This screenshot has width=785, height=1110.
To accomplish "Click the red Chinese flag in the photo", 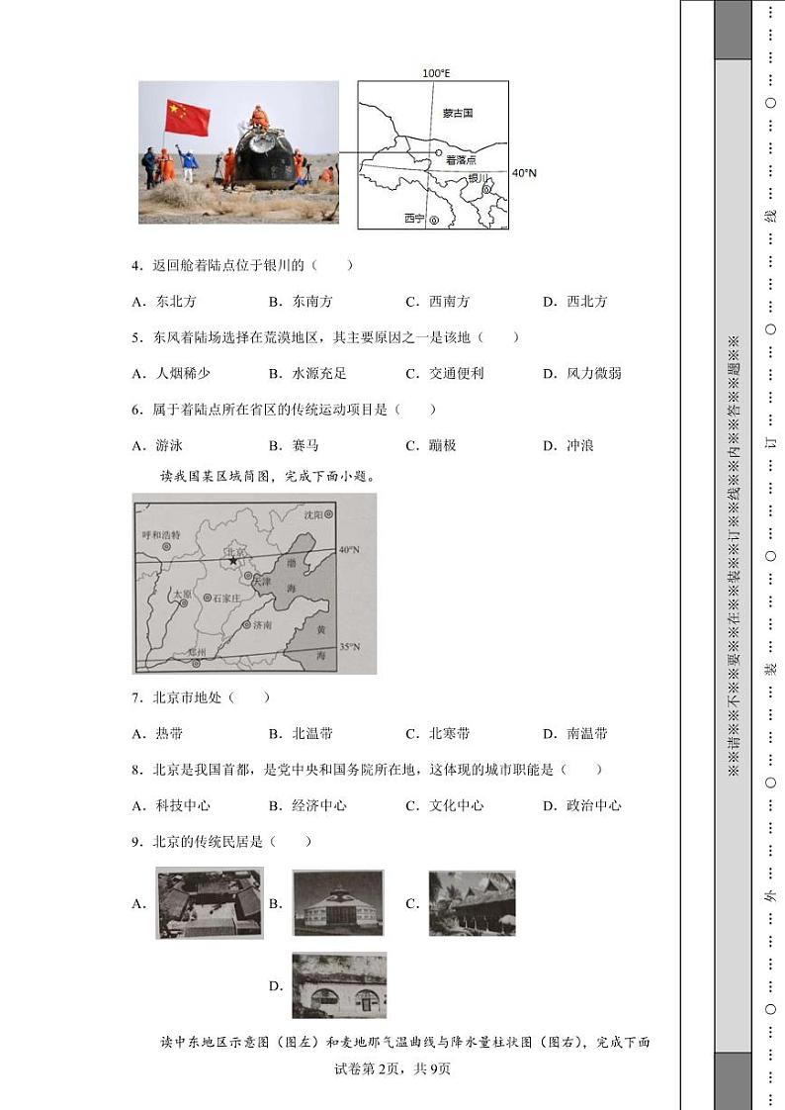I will click(188, 117).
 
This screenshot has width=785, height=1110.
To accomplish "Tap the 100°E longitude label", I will click(436, 73).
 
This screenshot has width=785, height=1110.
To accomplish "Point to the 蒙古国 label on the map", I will click(459, 114).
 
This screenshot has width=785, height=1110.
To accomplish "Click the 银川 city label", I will click(479, 178).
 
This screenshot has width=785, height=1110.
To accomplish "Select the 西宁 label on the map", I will click(413, 219).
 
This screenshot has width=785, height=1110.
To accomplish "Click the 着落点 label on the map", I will click(461, 158).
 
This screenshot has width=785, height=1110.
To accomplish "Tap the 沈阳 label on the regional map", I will click(313, 514).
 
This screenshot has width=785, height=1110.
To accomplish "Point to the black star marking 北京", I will click(233, 561).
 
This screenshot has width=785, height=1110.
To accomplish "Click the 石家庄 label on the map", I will click(228, 598).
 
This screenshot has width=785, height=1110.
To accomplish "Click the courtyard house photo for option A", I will click(210, 903).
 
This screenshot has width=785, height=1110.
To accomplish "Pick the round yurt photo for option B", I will click(337, 903).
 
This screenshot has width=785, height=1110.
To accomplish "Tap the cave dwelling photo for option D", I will click(339, 985).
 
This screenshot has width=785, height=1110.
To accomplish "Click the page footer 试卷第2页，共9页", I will click(392, 1068).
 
